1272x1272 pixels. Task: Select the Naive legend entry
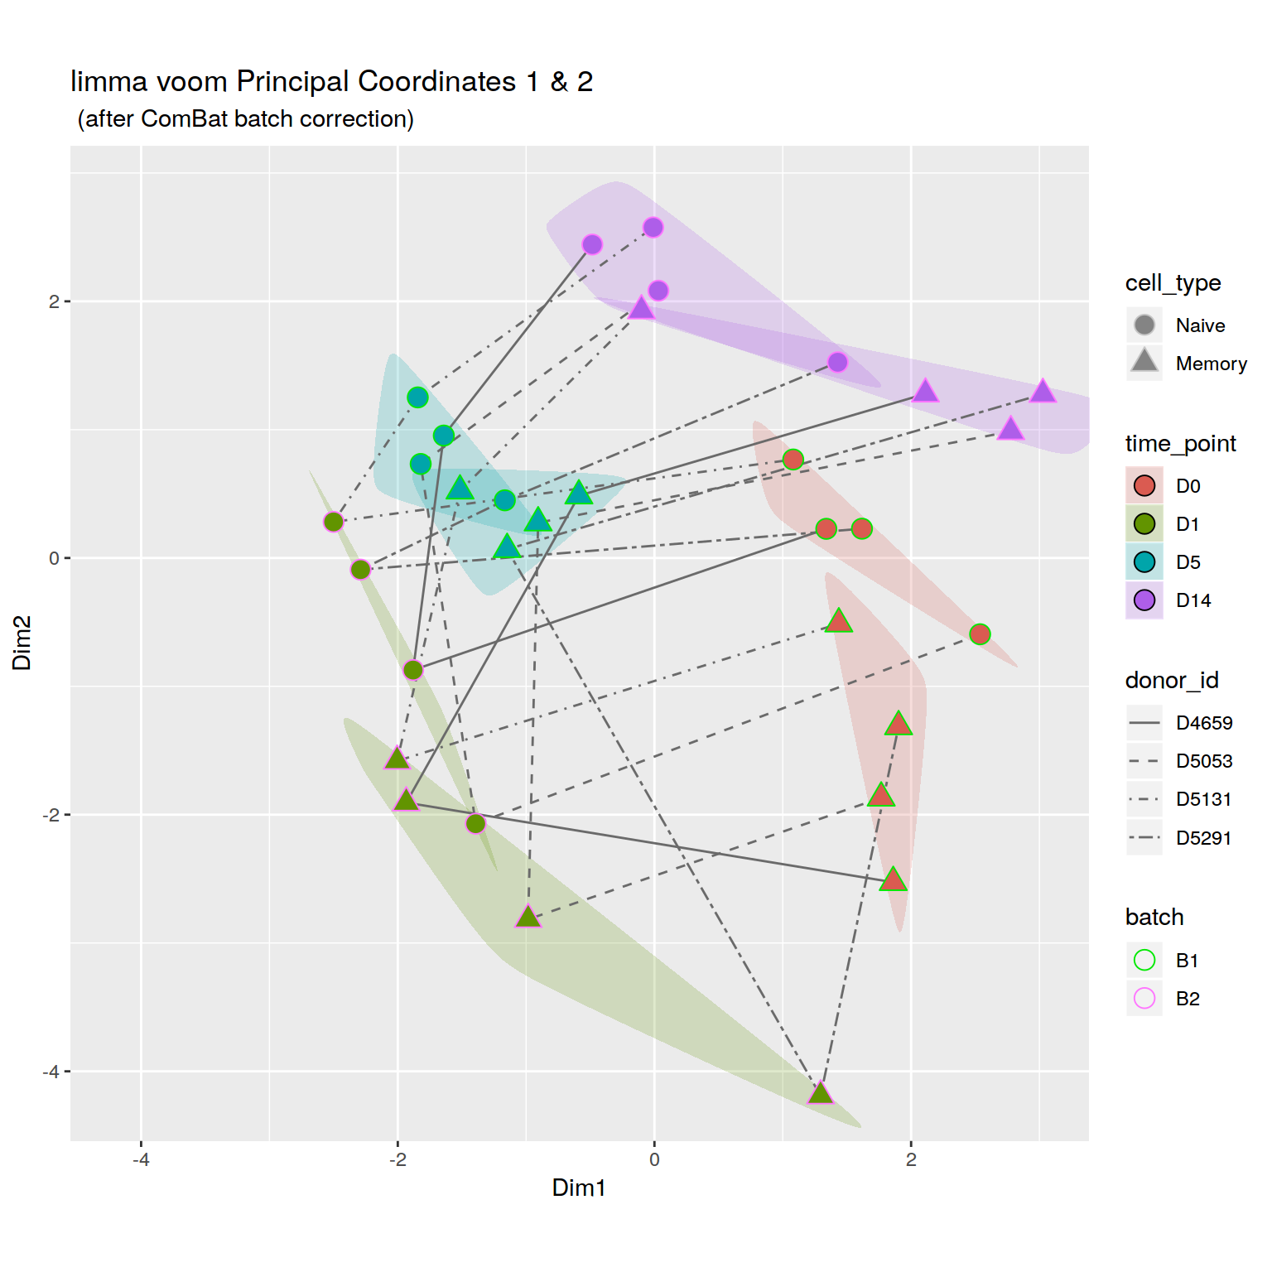(1200, 325)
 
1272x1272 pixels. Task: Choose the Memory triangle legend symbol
(1144, 361)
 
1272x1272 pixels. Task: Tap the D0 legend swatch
(1144, 485)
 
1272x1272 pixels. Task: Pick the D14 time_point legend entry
(1192, 600)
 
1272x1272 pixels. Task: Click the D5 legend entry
(1188, 562)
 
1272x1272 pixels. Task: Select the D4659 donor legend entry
(1203, 723)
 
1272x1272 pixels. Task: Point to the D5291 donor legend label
(1203, 838)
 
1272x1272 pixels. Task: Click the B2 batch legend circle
(1144, 998)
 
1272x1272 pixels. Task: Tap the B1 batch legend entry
(1187, 961)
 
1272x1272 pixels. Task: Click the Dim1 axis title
(579, 1188)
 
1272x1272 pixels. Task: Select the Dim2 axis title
(22, 643)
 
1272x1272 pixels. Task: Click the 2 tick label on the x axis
(911, 1159)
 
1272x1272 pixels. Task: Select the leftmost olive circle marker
(333, 522)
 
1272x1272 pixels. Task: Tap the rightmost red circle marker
(980, 634)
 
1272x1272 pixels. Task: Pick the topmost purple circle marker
(653, 227)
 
